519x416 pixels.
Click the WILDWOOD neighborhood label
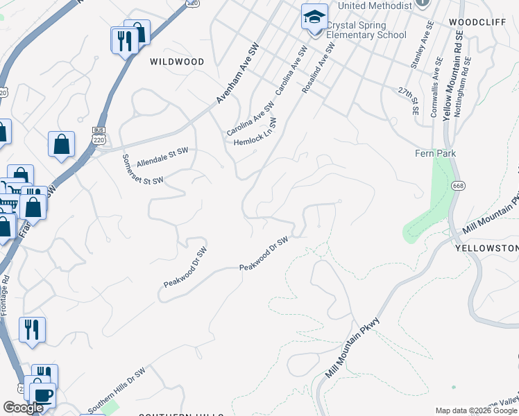(177, 62)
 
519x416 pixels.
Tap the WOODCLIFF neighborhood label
(474, 22)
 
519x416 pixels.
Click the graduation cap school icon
(314, 17)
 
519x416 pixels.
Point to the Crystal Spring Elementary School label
(366, 30)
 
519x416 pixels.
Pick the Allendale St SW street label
(162, 157)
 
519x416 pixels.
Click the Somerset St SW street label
(142, 169)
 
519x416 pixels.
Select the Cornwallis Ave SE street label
(437, 92)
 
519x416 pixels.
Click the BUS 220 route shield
(98, 135)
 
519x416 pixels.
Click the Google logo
(24, 408)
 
